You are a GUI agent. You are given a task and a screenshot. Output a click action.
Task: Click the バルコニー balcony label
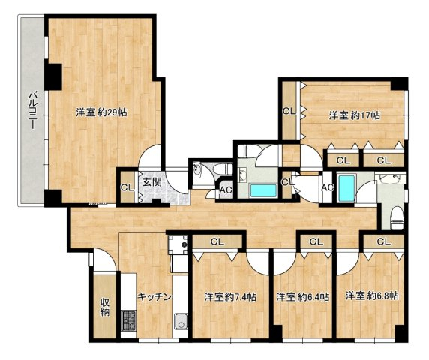click(x=33, y=111)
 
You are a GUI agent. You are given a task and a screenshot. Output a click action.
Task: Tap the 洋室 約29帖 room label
click(x=101, y=112)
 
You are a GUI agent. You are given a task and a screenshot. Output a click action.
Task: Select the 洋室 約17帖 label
click(x=354, y=115)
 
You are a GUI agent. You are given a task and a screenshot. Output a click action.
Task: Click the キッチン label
click(x=154, y=296)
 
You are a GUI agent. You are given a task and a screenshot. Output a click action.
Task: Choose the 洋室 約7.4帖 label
click(x=230, y=296)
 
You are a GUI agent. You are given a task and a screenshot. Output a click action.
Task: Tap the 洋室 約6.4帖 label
click(x=302, y=296)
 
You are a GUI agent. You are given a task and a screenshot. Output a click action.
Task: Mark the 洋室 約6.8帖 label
click(x=371, y=295)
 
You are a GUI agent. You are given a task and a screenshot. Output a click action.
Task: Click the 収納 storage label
click(x=105, y=307)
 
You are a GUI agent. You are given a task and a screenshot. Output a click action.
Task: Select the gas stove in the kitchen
click(x=128, y=320)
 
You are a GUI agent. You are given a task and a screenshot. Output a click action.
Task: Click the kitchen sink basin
click(x=181, y=322)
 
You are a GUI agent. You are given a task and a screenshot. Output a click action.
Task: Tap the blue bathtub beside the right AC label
click(x=347, y=189)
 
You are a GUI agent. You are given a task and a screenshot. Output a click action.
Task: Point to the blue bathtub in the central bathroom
click(x=263, y=190)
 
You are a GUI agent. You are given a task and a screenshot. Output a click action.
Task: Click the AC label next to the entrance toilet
click(x=226, y=190)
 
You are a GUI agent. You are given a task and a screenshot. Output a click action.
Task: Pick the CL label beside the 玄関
click(x=127, y=187)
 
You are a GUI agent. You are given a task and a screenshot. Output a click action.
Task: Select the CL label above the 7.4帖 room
click(x=217, y=241)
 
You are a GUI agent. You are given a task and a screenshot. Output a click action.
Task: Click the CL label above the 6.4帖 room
click(x=316, y=241)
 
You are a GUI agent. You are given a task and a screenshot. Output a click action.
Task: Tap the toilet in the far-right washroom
click(x=397, y=217)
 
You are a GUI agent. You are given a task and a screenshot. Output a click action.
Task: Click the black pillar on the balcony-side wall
click(x=53, y=76)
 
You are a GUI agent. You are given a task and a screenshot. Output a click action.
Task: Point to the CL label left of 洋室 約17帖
click(x=289, y=111)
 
